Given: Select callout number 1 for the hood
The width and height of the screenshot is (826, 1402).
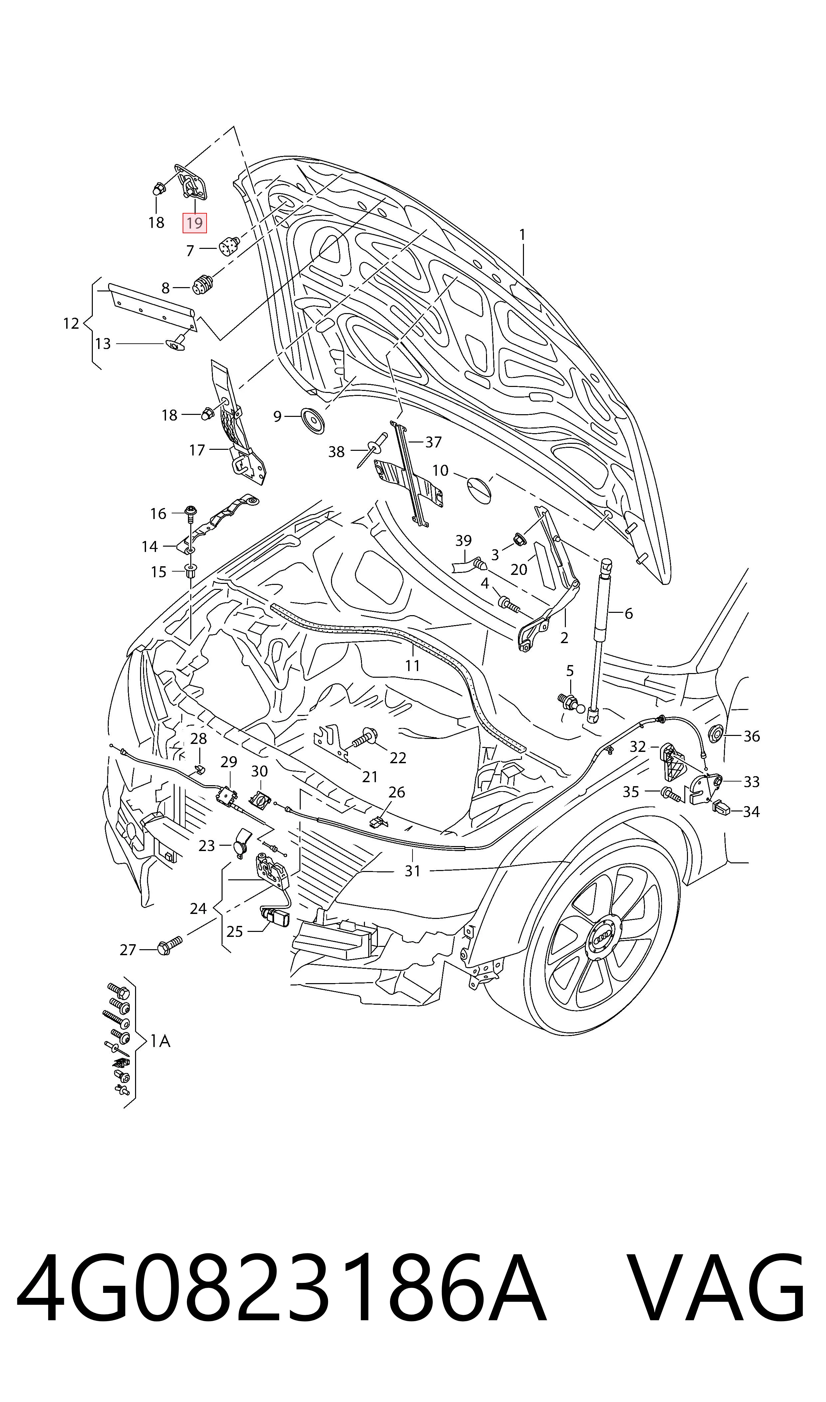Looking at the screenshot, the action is pyautogui.click(x=522, y=236).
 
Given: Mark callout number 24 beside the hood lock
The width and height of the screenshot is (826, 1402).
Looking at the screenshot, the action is pyautogui.click(x=198, y=908).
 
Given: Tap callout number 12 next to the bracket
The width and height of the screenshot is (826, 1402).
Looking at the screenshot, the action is pyautogui.click(x=71, y=323).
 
